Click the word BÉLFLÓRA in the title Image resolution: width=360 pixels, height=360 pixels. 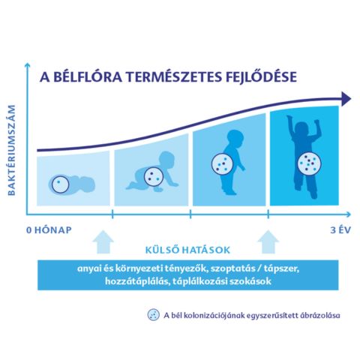click(88, 77)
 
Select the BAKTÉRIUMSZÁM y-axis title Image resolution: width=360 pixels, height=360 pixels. click(11, 150)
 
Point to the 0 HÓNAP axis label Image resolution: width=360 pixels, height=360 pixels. click(49, 230)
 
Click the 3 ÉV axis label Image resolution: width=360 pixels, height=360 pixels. click(340, 230)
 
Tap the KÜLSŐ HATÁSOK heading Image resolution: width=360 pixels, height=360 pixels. click(187, 250)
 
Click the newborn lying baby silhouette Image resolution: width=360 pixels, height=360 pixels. click(72, 185)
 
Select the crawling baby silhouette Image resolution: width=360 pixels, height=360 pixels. click(152, 172)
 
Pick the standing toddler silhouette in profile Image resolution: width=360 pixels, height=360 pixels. click(230, 162)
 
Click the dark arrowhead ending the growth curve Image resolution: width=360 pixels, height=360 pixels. click(346, 98)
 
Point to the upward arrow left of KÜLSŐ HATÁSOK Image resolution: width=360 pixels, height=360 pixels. click(103, 242)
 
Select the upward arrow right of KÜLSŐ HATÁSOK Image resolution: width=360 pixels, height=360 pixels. click(268, 242)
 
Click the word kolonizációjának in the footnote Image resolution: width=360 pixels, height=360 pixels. click(214, 316)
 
